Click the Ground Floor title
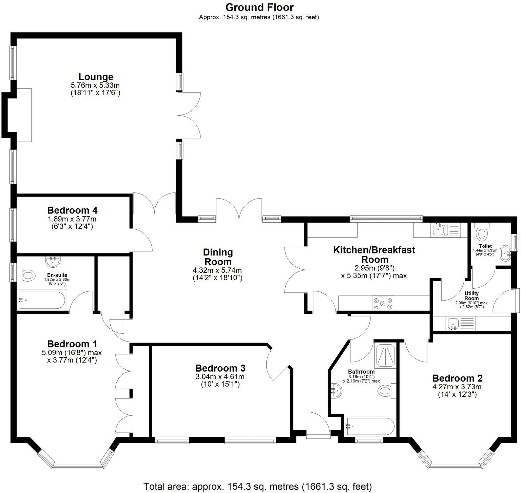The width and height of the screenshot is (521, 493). pyautogui.click(x=259, y=7)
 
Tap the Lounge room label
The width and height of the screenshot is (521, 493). pyautogui.click(x=96, y=77)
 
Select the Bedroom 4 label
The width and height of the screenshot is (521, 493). pyautogui.click(x=72, y=210)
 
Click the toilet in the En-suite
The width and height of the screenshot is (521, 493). pyautogui.click(x=27, y=275)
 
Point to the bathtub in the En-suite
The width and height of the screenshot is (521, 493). pyautogui.click(x=42, y=300)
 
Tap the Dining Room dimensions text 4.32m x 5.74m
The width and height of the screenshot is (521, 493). pyautogui.click(x=217, y=270)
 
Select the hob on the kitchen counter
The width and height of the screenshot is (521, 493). pyautogui.click(x=383, y=303)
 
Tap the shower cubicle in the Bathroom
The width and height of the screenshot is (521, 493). pyautogui.click(x=385, y=355)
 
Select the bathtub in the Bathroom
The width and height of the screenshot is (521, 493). pyautogui.click(x=369, y=427)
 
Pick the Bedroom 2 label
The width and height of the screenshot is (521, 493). pyautogui.click(x=457, y=378)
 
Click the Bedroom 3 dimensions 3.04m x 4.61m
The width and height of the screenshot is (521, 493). pyautogui.click(x=220, y=376)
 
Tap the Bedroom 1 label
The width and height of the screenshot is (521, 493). pyautogui.click(x=72, y=344)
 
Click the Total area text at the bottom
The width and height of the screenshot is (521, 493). pyautogui.click(x=258, y=487)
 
